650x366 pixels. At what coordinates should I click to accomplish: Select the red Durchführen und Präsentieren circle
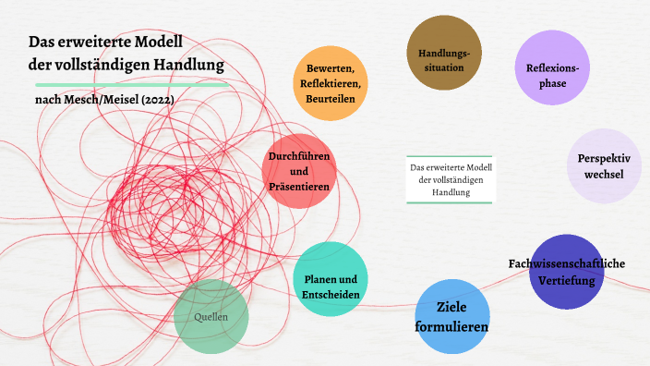click(299, 171)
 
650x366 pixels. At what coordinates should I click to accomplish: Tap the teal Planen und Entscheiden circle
click(331, 279)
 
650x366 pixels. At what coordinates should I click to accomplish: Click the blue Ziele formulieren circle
click(451, 317)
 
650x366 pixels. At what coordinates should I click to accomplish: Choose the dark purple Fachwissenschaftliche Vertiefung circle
click(566, 273)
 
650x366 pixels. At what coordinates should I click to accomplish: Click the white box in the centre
click(451, 179)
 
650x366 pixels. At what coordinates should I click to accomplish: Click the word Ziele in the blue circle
click(451, 307)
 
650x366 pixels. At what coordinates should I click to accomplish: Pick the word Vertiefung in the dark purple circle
click(567, 280)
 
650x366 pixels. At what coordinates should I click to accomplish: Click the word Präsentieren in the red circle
click(299, 186)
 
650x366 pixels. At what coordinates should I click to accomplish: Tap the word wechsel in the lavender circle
click(604, 175)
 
